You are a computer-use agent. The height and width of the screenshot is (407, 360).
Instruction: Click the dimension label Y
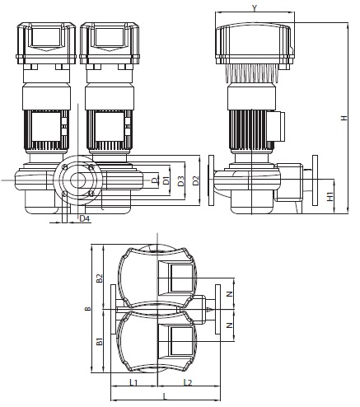click(x=255, y=7)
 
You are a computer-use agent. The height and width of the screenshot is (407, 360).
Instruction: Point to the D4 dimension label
click(x=85, y=218)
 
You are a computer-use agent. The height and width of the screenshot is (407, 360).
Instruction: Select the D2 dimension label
click(x=195, y=180)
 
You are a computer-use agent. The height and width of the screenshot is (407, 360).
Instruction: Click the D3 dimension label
click(x=181, y=181)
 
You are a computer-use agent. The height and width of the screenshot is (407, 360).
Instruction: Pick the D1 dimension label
click(x=166, y=181)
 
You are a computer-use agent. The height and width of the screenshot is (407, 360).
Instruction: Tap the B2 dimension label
click(x=99, y=278)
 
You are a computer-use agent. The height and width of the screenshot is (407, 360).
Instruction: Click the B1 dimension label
click(x=99, y=341)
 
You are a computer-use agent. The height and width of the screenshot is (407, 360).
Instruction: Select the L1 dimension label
click(x=133, y=382)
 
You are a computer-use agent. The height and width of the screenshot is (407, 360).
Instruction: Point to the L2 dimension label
click(x=188, y=382)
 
